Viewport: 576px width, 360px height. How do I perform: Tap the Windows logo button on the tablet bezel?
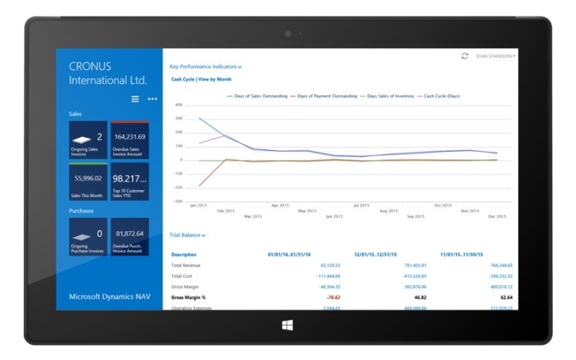click(x=288, y=325)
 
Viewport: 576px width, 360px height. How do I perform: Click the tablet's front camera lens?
click(x=288, y=32)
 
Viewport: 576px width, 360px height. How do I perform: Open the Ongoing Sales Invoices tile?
click(x=88, y=139)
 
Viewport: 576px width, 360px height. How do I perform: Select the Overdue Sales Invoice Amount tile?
click(x=130, y=139)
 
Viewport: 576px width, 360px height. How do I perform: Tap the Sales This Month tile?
click(x=88, y=181)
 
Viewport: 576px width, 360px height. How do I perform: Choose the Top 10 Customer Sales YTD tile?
click(x=130, y=181)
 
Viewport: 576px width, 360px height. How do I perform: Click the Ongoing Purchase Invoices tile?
click(x=88, y=237)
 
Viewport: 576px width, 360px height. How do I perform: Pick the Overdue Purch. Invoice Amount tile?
click(x=130, y=237)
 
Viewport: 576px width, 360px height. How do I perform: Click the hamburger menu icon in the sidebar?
click(x=135, y=99)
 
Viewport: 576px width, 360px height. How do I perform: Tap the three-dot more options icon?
click(x=152, y=99)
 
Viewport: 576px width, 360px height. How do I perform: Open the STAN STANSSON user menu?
click(x=496, y=55)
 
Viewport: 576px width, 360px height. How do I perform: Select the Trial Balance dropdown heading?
click(x=187, y=235)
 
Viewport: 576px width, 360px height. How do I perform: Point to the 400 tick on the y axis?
click(x=179, y=105)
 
